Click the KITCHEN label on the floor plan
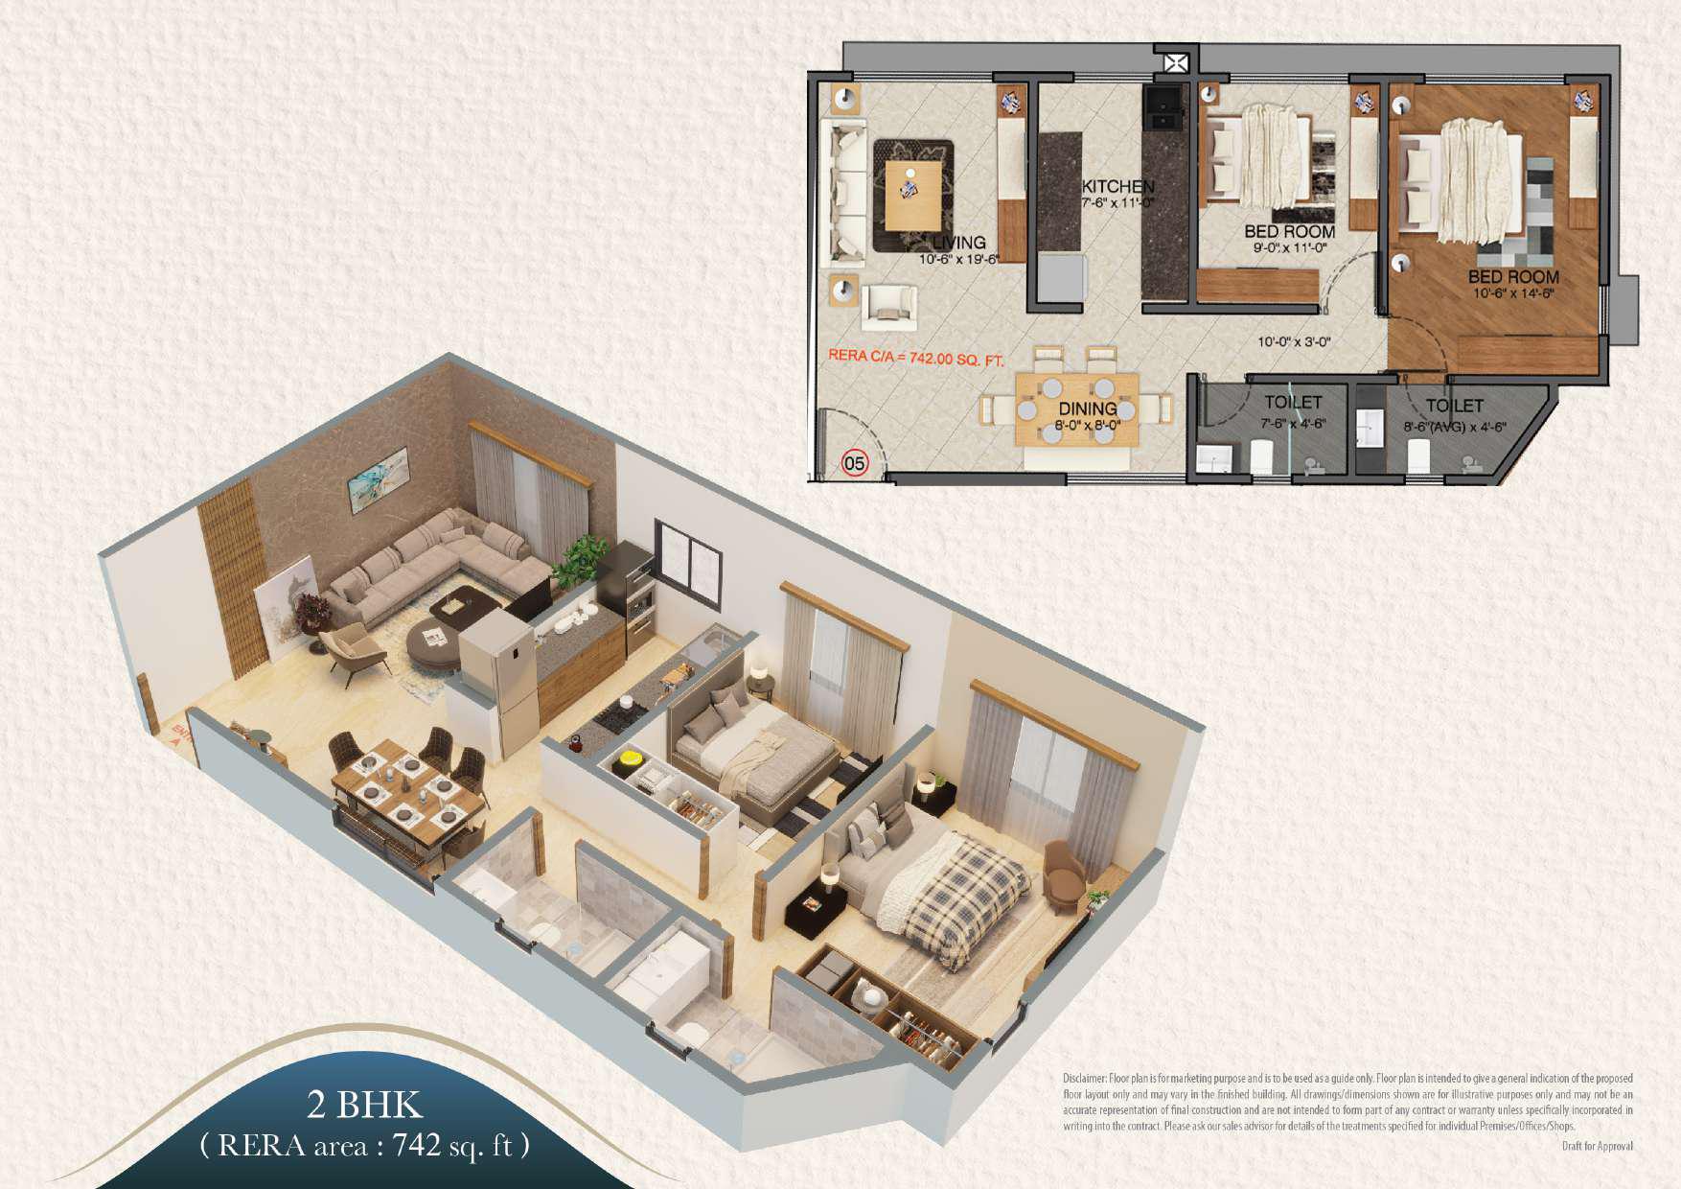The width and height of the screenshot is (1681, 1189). coord(1117,186)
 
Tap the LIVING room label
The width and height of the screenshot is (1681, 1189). coord(958,243)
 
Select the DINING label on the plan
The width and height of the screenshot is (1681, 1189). coord(1087,409)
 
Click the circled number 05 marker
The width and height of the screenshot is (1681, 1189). coord(854,463)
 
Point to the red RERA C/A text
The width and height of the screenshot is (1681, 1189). coord(915,358)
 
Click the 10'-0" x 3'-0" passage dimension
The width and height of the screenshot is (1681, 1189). coord(1294,342)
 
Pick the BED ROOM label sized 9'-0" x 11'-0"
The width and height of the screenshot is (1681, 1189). coord(1289,232)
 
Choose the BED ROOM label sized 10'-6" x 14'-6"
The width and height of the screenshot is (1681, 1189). coord(1513,277)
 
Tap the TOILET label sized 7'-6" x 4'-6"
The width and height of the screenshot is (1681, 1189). coord(1293,403)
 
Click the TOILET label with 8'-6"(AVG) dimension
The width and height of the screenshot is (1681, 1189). coord(1454,407)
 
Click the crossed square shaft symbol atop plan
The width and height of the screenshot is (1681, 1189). coord(1176,63)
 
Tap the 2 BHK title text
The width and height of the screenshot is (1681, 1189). coord(364,1105)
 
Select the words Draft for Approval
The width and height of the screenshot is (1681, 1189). coord(1597,1146)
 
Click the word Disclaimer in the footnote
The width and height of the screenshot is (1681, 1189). coord(1084,1079)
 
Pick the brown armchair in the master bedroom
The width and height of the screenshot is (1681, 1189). coord(1063,873)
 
